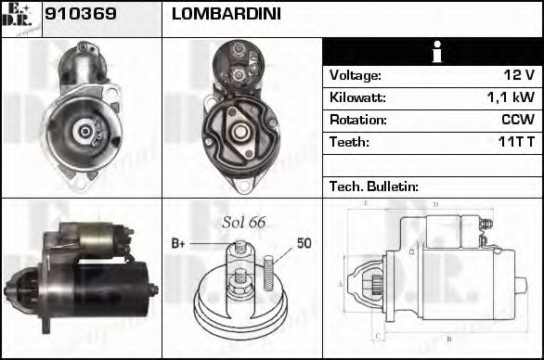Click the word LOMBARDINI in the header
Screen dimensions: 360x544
click(x=227, y=16)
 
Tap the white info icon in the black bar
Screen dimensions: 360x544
click(x=433, y=53)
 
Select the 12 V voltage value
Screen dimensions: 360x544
click(x=518, y=75)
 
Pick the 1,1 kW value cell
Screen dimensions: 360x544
click(x=511, y=97)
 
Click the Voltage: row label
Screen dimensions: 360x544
click(x=356, y=75)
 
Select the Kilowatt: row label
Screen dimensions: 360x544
click(x=357, y=97)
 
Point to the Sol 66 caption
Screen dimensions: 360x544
click(x=244, y=223)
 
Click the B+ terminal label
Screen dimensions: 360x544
click(x=179, y=243)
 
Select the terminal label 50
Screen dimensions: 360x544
click(x=304, y=243)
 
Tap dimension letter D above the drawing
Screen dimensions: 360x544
click(x=435, y=204)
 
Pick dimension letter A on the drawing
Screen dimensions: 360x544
click(x=342, y=283)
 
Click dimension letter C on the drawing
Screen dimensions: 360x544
click(x=375, y=336)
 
